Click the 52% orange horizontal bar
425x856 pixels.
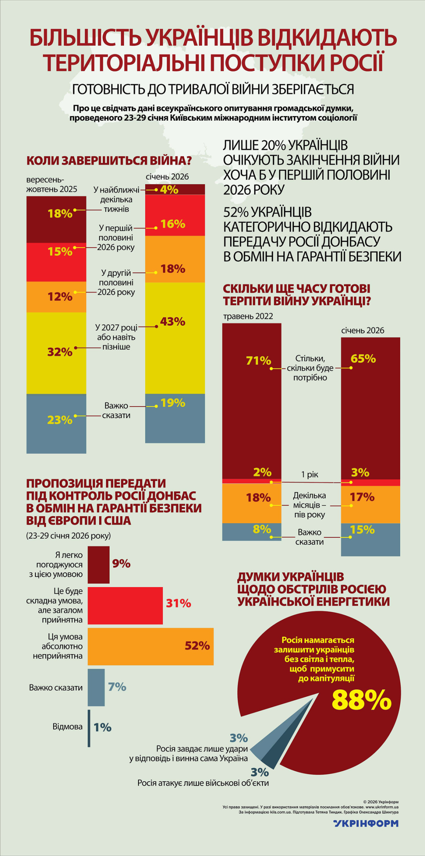click(x=150, y=646)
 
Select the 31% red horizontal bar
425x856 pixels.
click(x=125, y=605)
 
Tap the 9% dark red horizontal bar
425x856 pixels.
click(x=98, y=565)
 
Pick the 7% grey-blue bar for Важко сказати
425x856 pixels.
click(x=96, y=687)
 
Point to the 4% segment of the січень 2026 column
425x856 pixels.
click(x=175, y=189)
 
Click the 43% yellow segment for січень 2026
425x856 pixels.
click(x=175, y=338)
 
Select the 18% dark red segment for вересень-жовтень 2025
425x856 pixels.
click(x=56, y=219)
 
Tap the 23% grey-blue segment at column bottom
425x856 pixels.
click(x=56, y=423)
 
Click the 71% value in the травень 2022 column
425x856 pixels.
click(x=259, y=361)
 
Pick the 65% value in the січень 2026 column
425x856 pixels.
click(x=363, y=359)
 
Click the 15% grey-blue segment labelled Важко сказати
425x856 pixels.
click(x=370, y=539)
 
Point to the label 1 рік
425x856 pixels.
click(x=310, y=474)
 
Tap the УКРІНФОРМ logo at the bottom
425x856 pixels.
click(x=366, y=823)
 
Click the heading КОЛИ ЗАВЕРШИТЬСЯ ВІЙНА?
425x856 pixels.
click(x=109, y=160)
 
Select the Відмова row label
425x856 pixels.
click(x=68, y=727)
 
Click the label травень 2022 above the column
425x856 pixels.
click(x=248, y=316)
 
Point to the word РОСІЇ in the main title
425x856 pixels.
click(x=357, y=63)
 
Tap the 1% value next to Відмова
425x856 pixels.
click(x=103, y=727)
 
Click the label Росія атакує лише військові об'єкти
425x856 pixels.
click(x=203, y=783)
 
